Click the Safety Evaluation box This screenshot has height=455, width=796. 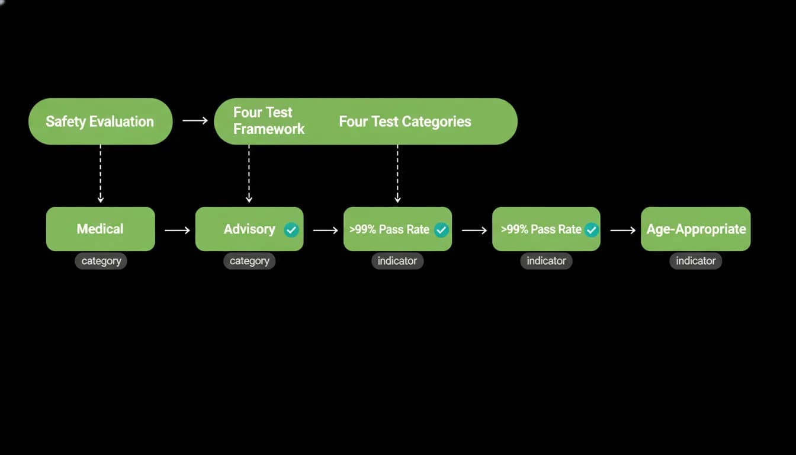[x=101, y=121]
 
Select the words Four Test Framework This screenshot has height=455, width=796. [x=269, y=121]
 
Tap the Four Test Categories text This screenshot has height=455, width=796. [x=405, y=121]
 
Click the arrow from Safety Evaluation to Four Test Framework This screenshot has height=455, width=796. [x=195, y=120]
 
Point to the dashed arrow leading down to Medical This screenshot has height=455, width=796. [x=101, y=174]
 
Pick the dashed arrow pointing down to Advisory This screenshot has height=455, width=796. [x=249, y=174]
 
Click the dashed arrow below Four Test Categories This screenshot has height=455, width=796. [x=397, y=174]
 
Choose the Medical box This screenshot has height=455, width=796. [x=101, y=229]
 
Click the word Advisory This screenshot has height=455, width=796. [x=249, y=229]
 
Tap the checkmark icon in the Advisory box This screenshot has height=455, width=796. [x=291, y=230]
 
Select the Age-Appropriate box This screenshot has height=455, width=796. [x=696, y=229]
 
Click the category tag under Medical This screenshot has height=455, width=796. [x=101, y=261]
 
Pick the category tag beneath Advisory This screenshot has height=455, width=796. [x=249, y=261]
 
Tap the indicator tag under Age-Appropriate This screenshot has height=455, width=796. [x=696, y=261]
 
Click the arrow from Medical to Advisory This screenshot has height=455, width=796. [x=177, y=230]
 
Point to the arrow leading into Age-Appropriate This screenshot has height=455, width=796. [x=623, y=230]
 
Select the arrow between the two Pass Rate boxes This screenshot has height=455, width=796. [x=474, y=230]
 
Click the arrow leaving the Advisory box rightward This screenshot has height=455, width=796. [x=326, y=230]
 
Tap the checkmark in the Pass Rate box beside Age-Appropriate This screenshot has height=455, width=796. [x=592, y=230]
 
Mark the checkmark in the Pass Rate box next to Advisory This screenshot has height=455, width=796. [x=441, y=230]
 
